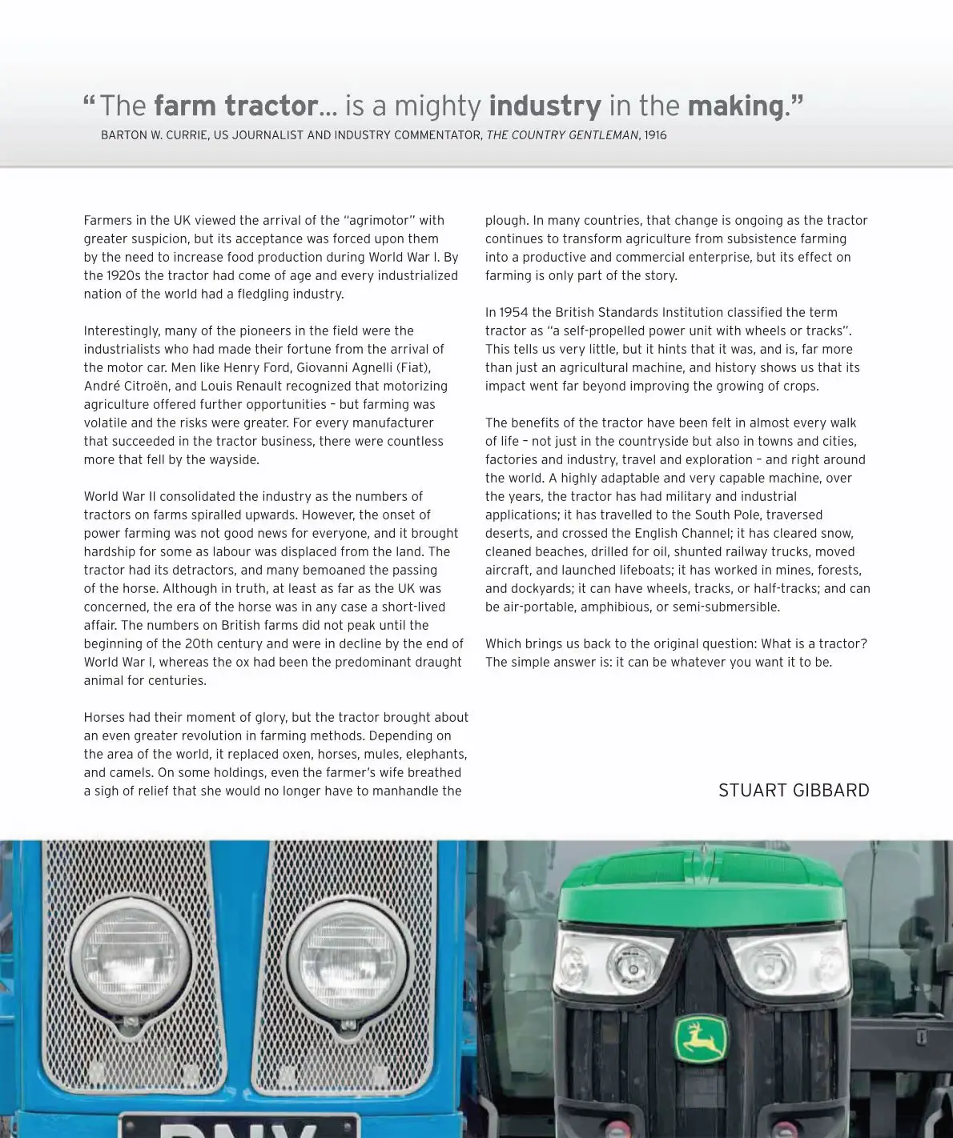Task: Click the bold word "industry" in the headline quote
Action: pos(545,106)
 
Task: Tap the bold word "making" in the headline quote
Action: pos(735,106)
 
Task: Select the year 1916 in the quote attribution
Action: pos(655,135)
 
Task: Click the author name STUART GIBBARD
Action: pos(794,791)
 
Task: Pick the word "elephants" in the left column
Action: pos(436,754)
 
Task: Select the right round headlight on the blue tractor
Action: pos(337,956)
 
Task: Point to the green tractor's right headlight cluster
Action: pos(786,960)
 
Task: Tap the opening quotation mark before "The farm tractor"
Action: pos(89,102)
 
